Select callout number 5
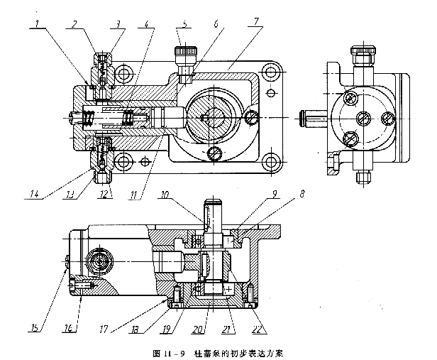coord(185,23)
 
